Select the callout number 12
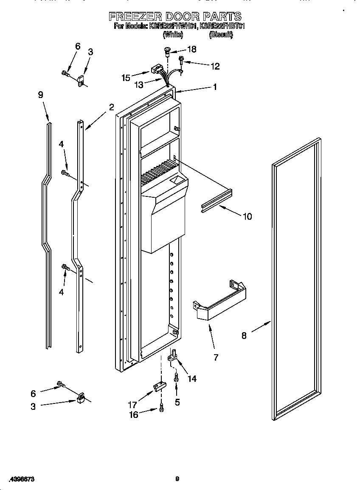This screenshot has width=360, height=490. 215,66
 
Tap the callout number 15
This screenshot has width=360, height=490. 126,78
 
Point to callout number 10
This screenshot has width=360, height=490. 247,216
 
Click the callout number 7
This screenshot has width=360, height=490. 216,357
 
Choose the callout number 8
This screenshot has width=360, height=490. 244,336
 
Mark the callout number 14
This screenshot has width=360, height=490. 192,378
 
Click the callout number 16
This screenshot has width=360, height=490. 133,414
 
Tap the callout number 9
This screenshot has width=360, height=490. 41,95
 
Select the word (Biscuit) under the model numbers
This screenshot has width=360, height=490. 221,35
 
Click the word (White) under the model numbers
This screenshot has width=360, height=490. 173,35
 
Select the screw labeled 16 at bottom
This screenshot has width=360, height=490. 161,408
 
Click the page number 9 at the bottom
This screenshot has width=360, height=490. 177,479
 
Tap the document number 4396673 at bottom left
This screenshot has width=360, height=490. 21,479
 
